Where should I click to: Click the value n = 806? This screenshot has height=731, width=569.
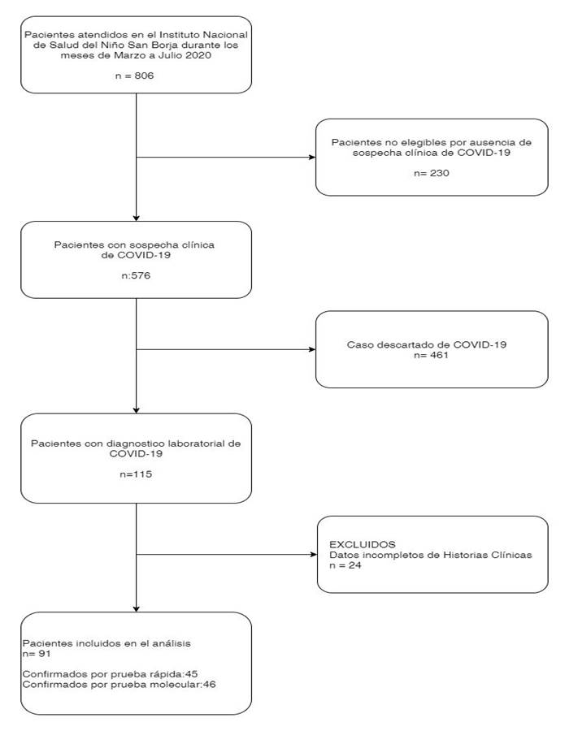(134, 76)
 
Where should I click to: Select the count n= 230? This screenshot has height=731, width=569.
(432, 173)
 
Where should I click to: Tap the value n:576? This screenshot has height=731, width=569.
(136, 275)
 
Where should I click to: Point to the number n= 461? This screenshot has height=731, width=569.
(431, 355)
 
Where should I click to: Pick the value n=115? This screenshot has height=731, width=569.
(136, 474)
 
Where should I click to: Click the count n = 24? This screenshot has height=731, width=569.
(345, 565)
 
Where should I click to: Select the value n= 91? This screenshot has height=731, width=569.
(37, 654)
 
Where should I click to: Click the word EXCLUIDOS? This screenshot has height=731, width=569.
(363, 544)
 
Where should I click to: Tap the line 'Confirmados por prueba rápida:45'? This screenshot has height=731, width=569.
(110, 674)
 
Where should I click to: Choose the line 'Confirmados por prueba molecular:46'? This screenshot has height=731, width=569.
(119, 685)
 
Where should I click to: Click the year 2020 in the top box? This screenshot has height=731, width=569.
(199, 55)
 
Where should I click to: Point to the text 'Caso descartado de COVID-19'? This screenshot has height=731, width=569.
(427, 345)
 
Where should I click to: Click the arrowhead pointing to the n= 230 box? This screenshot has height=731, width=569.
(312, 157)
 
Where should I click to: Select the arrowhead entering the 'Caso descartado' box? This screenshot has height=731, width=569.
(312, 349)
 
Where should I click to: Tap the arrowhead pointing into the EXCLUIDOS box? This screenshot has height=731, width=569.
(314, 554)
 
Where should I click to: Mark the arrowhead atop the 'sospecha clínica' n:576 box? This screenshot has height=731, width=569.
(137, 218)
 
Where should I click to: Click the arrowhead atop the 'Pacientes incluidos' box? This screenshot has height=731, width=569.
(137, 608)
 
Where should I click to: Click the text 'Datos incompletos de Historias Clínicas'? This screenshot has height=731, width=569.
(431, 556)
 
